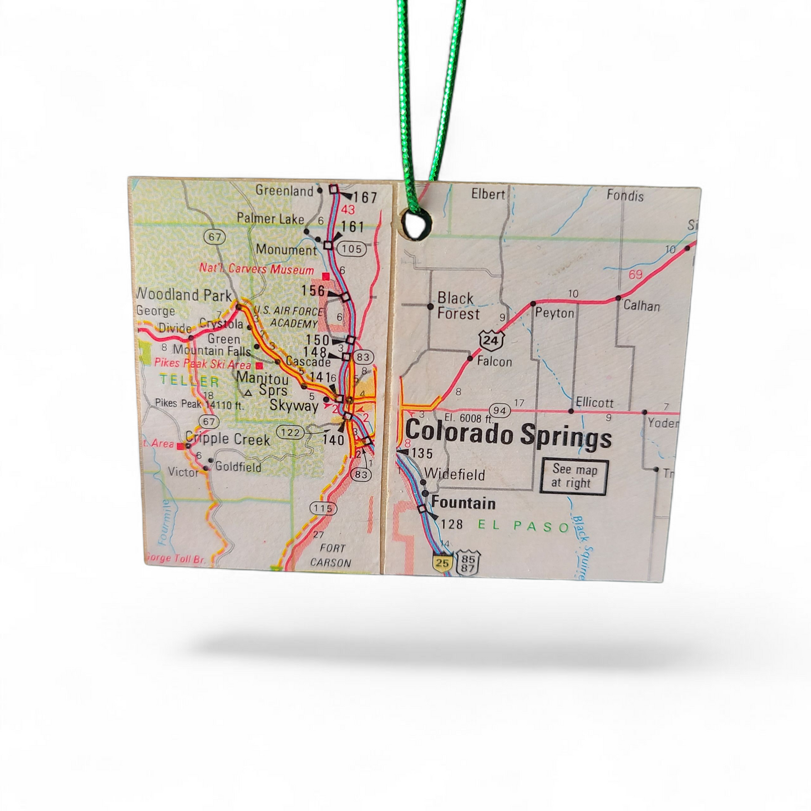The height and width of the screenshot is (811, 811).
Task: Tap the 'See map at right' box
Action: [574, 476]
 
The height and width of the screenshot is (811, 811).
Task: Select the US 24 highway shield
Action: [492, 340]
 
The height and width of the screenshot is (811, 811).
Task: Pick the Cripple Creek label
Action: [227, 439]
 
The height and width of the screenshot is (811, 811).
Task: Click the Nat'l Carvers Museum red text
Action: [256, 269]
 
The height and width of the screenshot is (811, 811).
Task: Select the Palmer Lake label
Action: [271, 218]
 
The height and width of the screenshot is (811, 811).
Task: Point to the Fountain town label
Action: [463, 503]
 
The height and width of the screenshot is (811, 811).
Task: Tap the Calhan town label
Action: [642, 306]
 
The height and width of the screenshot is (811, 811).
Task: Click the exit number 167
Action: [365, 198]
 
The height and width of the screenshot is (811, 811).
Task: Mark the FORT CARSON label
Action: [331, 555]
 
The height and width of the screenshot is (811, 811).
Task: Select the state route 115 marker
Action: [323, 509]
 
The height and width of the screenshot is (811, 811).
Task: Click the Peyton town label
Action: [555, 313]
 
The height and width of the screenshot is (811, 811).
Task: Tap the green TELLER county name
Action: [190, 381]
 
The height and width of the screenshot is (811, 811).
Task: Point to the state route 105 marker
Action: [352, 249]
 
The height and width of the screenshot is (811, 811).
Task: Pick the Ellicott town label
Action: [594, 402]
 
